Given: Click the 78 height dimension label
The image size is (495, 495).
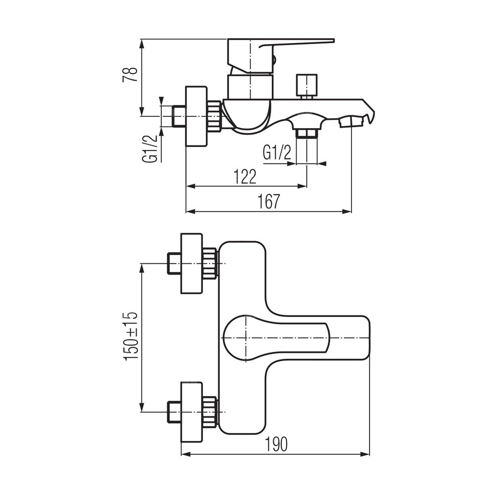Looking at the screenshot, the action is click(x=130, y=75).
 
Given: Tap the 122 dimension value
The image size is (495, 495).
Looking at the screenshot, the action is click(x=245, y=177).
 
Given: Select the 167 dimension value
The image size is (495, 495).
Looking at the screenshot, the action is click(x=269, y=201).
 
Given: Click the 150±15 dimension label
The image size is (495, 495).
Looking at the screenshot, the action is click(x=131, y=336).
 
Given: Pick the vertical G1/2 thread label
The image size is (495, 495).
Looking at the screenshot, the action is click(x=150, y=148).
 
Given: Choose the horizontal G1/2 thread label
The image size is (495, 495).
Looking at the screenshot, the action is click(x=277, y=153).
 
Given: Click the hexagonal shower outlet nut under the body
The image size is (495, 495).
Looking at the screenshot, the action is click(x=306, y=133).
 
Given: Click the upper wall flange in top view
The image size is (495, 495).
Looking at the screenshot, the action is click(x=191, y=264).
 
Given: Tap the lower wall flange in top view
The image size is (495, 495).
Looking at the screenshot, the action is click(x=191, y=412).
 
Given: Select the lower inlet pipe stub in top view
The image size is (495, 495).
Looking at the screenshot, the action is click(x=174, y=412).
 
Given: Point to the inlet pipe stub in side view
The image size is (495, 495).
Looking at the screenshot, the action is click(x=179, y=116).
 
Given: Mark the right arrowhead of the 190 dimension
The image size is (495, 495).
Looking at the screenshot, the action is click(x=366, y=454).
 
